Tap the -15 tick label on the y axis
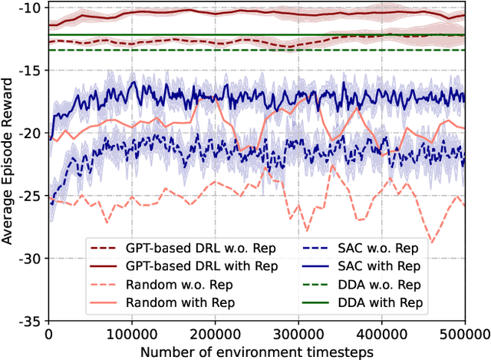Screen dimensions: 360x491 tap(28, 70)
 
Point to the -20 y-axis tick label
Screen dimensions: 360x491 tap(28, 133)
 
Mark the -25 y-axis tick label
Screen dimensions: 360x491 tap(28, 196)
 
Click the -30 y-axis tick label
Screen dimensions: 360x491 tap(28, 259)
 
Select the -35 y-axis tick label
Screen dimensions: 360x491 tap(28, 321)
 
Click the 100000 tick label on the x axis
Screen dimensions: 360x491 tap(132, 334)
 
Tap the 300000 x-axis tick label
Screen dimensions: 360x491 tap(298, 334)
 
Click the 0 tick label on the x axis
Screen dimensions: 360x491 tap(48, 334)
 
